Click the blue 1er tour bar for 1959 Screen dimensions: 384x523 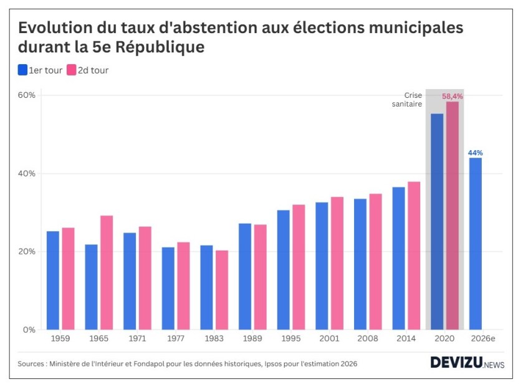coord(53,280)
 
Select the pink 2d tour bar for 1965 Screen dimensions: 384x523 coord(107,272)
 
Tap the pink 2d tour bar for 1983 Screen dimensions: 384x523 coord(222,290)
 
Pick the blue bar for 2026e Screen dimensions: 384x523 coord(476,243)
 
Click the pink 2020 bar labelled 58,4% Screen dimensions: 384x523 coord(452,215)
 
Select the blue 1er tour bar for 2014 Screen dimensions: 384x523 coord(398,258)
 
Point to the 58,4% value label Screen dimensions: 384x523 coord(453,96)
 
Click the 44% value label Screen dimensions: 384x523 coord(476,152)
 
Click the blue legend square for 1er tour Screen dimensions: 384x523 coord(22,70)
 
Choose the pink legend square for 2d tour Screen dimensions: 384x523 coord(72,70)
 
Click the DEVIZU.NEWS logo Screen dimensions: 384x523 coord(467,363)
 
